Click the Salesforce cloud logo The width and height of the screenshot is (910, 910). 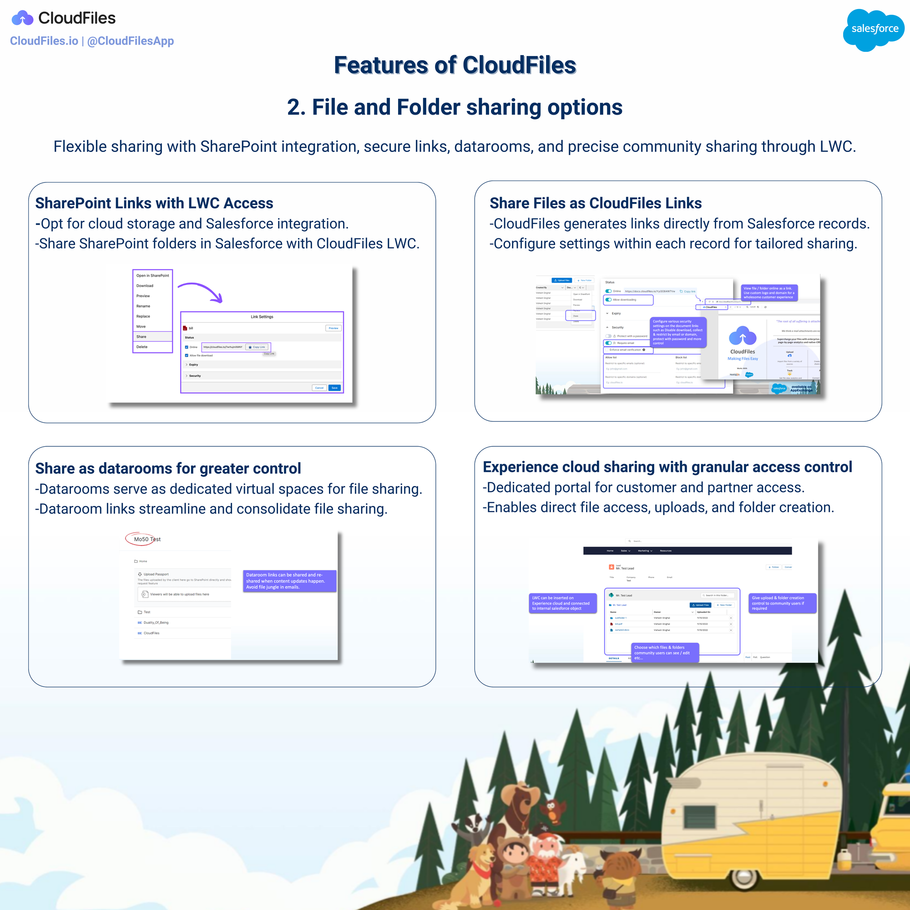(x=874, y=29)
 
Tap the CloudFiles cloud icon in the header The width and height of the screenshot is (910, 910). (x=23, y=19)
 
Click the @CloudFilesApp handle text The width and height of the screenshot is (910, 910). (x=131, y=41)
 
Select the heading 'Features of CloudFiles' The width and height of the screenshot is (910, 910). (x=455, y=65)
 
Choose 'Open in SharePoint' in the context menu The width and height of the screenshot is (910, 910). (x=152, y=276)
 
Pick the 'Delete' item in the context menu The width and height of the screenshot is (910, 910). (x=142, y=347)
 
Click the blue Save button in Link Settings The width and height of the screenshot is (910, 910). (x=334, y=388)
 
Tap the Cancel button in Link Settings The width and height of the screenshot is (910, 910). (x=319, y=388)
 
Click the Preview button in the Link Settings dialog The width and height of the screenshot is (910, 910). (x=334, y=328)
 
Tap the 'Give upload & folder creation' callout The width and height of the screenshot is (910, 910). (x=782, y=603)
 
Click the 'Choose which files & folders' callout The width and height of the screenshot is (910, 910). (x=665, y=652)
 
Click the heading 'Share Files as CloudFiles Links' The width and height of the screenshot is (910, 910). (x=595, y=203)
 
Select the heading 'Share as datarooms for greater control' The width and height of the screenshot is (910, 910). (x=168, y=468)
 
